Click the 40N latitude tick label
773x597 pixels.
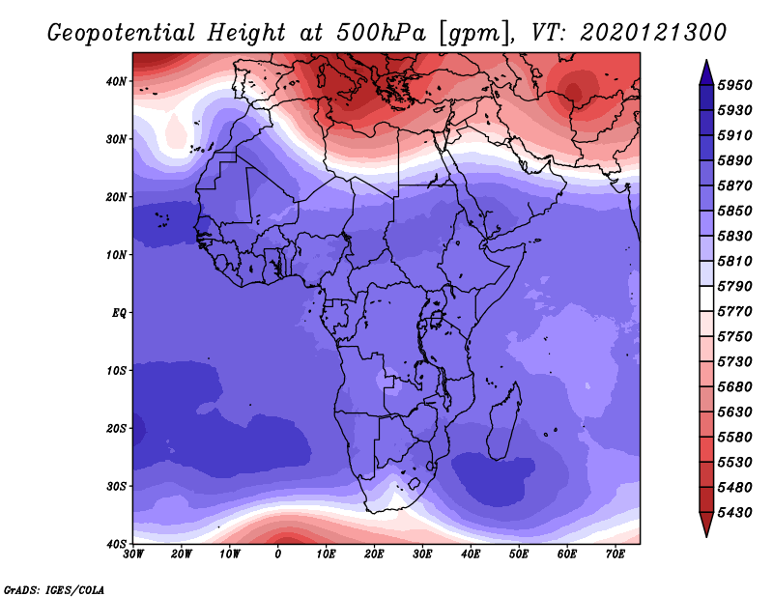click(116, 81)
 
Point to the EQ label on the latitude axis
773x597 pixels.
click(119, 313)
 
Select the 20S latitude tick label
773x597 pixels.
click(116, 428)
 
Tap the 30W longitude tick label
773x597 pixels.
click(133, 554)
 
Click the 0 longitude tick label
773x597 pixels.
click(278, 554)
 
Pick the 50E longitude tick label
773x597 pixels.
click(519, 554)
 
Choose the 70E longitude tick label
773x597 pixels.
click(616, 554)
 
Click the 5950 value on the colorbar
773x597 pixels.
click(735, 85)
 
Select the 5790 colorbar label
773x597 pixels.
click(735, 286)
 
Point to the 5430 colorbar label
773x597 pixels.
click(735, 513)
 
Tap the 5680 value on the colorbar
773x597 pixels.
click(735, 387)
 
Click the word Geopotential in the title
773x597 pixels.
click(122, 34)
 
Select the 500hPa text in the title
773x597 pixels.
click(381, 33)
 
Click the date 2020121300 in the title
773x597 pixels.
click(653, 33)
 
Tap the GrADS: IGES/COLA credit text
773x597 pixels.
click(54, 590)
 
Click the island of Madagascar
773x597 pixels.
click(504, 421)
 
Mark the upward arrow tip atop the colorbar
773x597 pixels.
click(706, 61)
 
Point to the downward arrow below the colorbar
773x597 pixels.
click(706, 525)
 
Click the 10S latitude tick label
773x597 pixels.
click(116, 371)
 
